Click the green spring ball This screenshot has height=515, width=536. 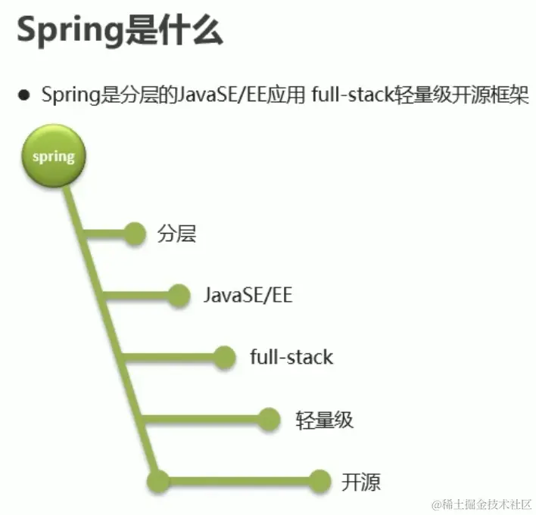point(53,157)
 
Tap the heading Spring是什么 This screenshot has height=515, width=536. point(120,32)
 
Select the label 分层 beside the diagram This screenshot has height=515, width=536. point(176,234)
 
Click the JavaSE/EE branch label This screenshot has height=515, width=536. point(248,295)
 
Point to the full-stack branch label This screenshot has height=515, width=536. point(291,356)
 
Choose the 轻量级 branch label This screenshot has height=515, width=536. point(324,419)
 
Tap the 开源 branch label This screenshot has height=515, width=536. point(360,481)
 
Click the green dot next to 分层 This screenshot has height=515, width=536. point(135,234)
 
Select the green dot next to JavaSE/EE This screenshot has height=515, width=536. point(179,295)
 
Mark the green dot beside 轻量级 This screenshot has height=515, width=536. point(270,418)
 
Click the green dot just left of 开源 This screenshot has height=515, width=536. point(321,480)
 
